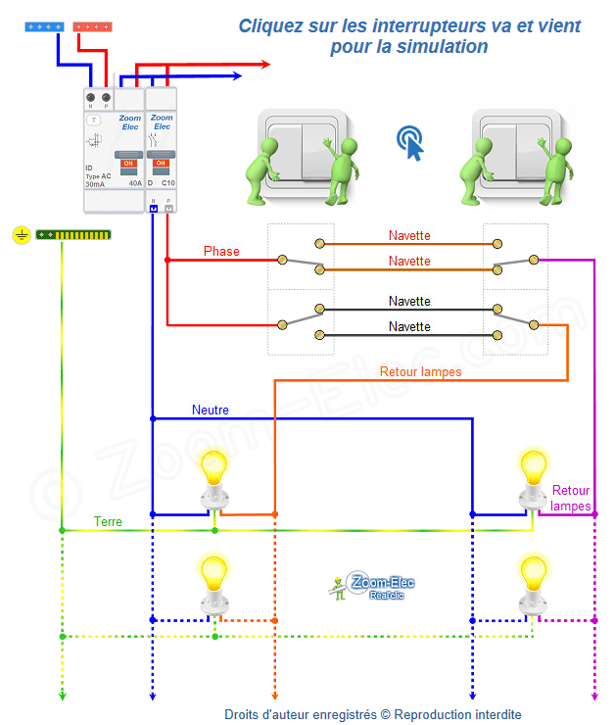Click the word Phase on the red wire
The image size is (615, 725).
(221, 252)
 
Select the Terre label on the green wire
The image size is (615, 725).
(108, 521)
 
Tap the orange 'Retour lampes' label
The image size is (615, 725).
(420, 371)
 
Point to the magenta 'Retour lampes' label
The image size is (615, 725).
(571, 498)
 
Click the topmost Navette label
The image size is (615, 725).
(409, 236)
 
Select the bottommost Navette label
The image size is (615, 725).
(409, 326)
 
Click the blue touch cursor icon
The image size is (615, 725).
(412, 143)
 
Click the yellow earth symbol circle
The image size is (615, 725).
(21, 235)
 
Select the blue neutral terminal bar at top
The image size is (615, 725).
(44, 27)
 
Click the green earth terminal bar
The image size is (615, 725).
(73, 235)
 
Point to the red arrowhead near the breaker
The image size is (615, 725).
(264, 65)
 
